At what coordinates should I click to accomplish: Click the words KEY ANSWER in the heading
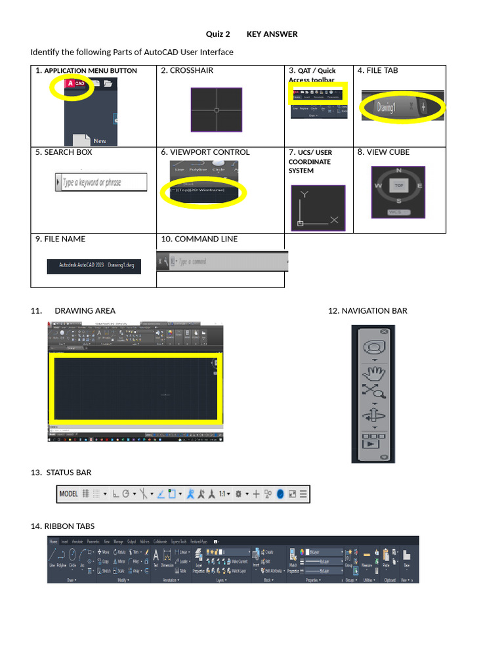click(272, 34)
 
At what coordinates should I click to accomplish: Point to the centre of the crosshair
click(217, 110)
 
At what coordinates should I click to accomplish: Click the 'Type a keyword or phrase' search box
click(101, 182)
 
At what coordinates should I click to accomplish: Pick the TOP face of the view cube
click(398, 186)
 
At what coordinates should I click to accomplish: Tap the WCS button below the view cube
click(395, 212)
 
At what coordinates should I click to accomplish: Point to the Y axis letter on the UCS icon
click(303, 194)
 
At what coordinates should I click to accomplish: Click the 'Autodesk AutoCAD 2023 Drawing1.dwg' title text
click(94, 266)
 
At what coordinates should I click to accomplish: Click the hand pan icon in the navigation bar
click(374, 375)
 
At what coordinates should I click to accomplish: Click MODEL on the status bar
click(69, 494)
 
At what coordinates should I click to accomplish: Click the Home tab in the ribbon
click(54, 541)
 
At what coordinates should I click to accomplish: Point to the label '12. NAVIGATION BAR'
click(367, 311)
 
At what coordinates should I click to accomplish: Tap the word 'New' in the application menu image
click(100, 140)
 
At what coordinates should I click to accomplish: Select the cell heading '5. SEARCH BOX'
click(64, 152)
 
